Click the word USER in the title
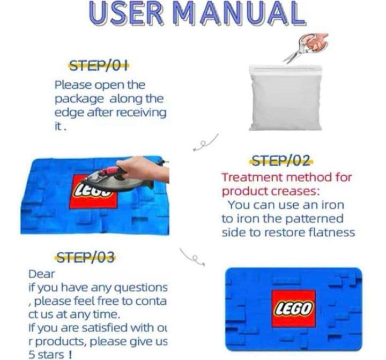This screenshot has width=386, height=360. click(126, 13)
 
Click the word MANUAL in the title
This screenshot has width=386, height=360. click(241, 13)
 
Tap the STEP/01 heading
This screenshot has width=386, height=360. click(99, 66)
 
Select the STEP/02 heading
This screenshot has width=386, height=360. click(281, 161)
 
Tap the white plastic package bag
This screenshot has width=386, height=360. click(286, 97)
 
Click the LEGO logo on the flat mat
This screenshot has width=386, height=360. click(293, 309)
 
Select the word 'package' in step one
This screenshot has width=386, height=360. click(79, 100)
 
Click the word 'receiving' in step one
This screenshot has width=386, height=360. click(141, 112)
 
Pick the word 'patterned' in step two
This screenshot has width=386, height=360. click(314, 219)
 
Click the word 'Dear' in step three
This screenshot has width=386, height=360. click(42, 274)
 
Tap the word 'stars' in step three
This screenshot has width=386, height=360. click(50, 355)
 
